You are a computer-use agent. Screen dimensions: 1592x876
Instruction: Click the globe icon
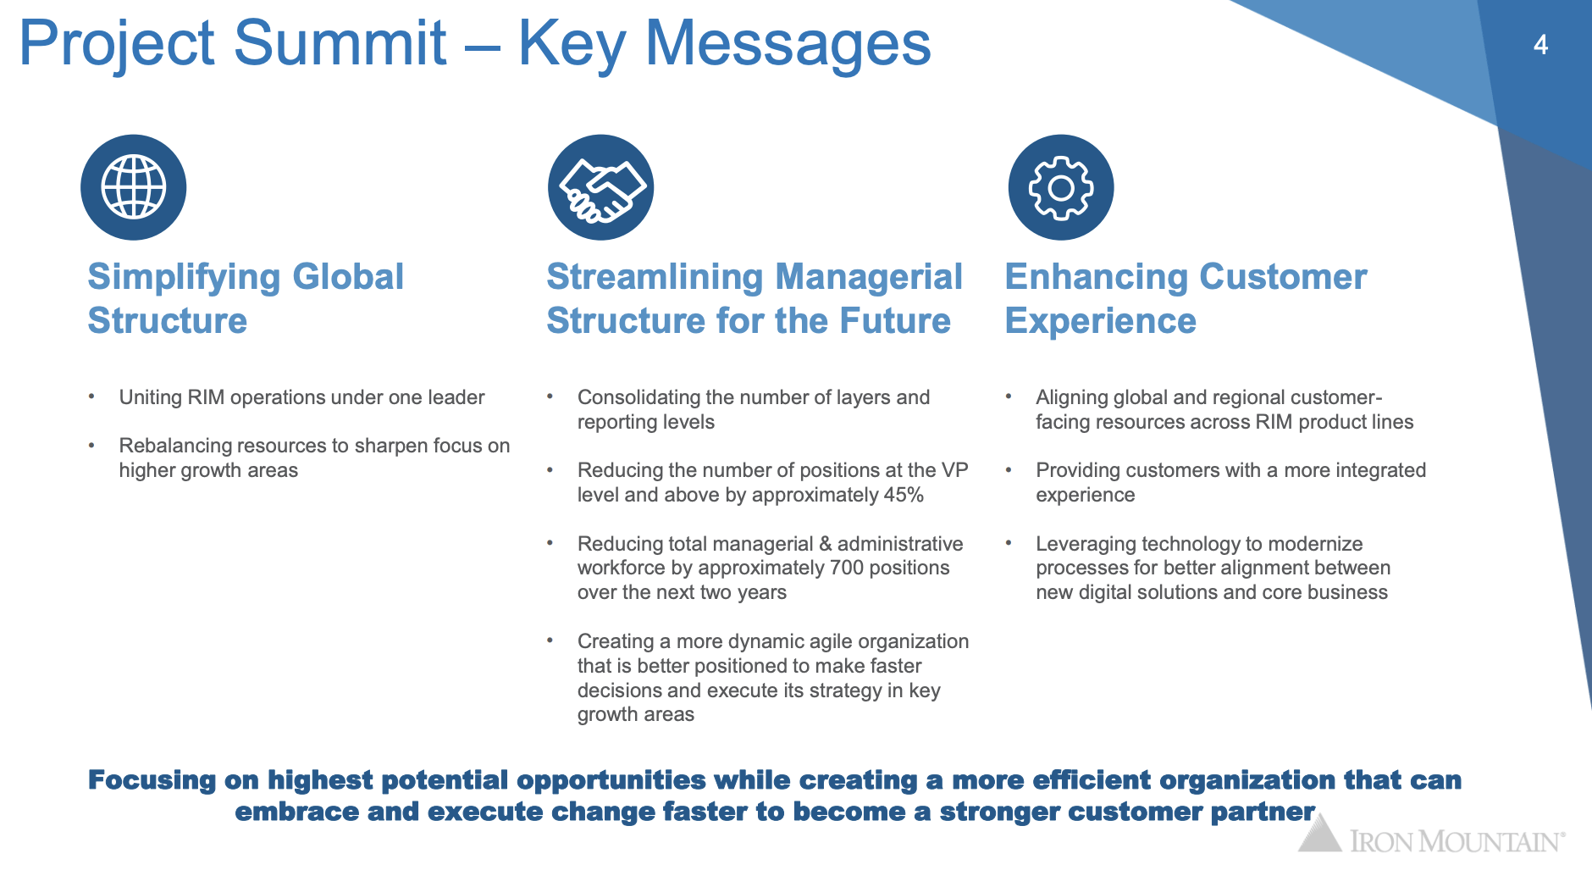(133, 187)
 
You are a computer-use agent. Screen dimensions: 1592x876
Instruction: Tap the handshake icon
(601, 187)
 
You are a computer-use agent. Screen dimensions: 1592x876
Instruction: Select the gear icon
(1061, 187)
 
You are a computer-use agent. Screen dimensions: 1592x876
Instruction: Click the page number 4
(1540, 44)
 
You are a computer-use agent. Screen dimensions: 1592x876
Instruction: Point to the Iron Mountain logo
(1431, 834)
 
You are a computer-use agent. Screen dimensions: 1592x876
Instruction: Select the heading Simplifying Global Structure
(246, 298)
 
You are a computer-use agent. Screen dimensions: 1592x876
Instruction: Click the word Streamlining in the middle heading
(655, 277)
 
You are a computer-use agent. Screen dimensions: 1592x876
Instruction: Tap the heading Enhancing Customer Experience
(1186, 298)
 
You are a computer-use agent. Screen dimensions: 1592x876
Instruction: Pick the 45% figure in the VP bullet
(904, 495)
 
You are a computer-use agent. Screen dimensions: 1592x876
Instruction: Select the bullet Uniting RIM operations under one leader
(301, 397)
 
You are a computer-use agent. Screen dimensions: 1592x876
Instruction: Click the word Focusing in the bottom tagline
(152, 779)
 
